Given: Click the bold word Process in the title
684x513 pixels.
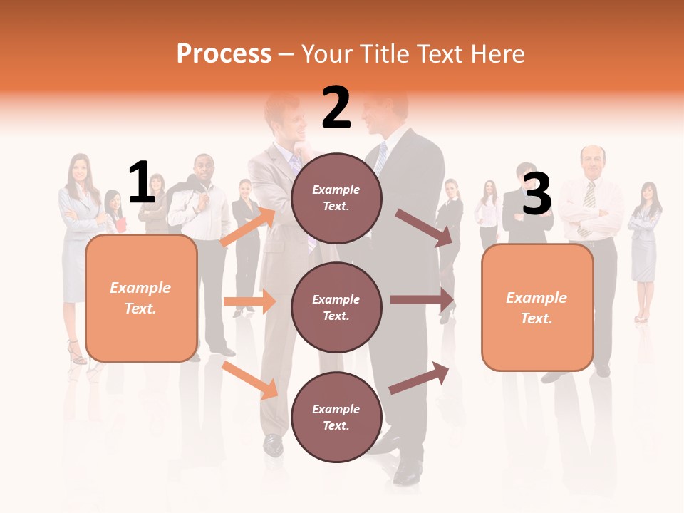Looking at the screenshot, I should pos(224,53).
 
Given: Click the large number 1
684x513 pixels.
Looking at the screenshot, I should pos(142,183).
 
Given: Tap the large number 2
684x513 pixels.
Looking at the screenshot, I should pos(336,108).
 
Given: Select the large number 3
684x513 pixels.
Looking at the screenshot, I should pos(537,194).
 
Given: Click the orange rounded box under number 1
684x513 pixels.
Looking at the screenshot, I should pos(141,298).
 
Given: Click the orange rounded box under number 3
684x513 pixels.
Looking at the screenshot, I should pos(537,308).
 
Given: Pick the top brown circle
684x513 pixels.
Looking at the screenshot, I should pos(336,198).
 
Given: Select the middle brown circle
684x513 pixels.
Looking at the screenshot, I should pos(336,307).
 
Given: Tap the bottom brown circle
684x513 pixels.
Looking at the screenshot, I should pos(336,417).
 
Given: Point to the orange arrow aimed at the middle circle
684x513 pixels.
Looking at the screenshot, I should pos(249,301).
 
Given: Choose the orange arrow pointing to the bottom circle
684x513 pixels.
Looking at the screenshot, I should pos(250,380).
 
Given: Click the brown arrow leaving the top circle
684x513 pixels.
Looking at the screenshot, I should pos(425,227).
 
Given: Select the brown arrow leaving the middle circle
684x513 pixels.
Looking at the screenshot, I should pos(422,300).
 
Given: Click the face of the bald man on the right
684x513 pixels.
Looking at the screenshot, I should pos(592,161).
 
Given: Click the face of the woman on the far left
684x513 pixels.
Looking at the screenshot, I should pos(78,169).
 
